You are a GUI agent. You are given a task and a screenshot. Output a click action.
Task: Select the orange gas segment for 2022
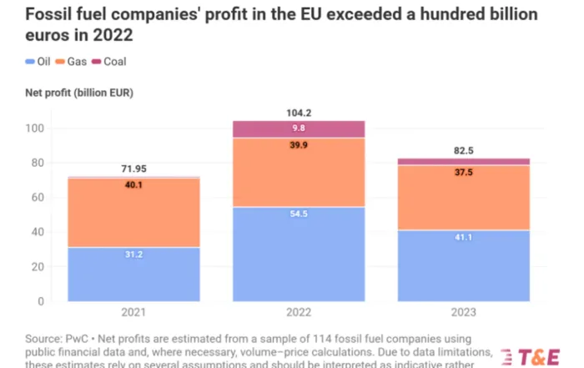tap(299, 172)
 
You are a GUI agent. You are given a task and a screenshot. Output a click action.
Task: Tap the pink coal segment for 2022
tap(299, 129)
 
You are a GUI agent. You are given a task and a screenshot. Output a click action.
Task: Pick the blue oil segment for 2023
tap(464, 265)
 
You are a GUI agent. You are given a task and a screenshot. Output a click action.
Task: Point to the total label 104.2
tap(299, 111)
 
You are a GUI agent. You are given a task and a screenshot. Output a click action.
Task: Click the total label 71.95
tap(133, 168)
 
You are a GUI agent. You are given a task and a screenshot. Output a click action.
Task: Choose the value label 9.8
tap(299, 129)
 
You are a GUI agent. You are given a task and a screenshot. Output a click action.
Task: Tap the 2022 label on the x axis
tap(299, 312)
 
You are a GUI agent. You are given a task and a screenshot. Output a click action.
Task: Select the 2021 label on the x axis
tap(133, 312)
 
